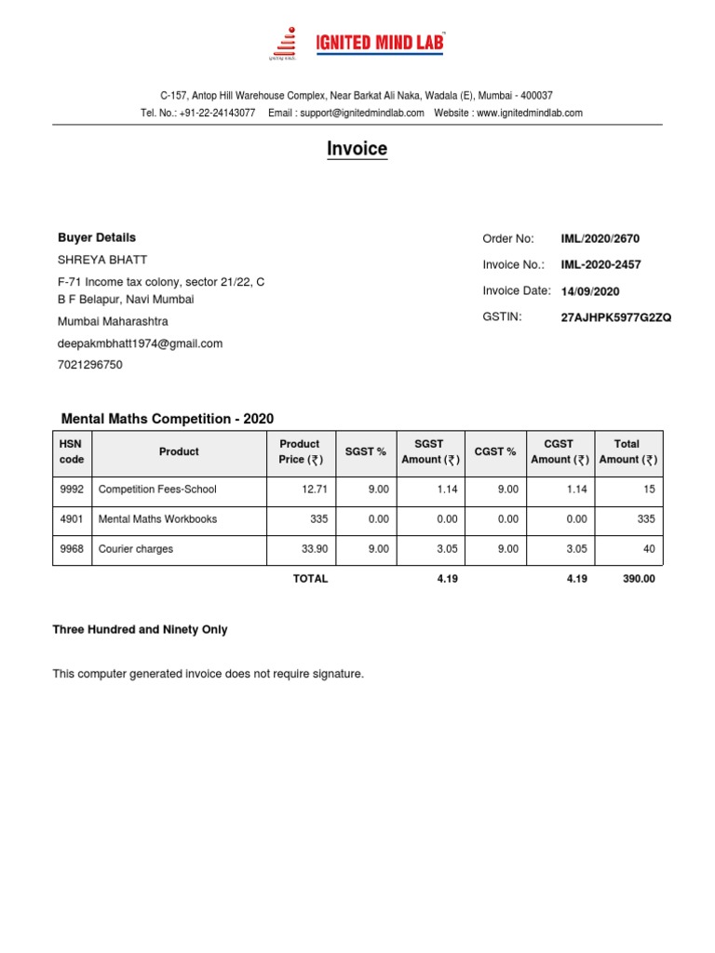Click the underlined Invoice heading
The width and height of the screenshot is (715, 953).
coord(357,149)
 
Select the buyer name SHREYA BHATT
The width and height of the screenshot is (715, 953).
coord(102,260)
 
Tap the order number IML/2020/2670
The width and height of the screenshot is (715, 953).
coord(600,239)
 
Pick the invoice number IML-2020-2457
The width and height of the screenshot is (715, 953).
coord(600,265)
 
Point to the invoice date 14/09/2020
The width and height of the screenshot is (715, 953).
coord(590,291)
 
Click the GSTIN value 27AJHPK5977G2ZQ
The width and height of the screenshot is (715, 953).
coord(615,317)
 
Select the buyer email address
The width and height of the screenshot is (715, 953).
coord(141,343)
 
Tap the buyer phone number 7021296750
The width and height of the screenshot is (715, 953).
coord(90,365)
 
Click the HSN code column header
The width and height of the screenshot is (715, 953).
coord(72,451)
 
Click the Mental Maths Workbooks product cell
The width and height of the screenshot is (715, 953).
coord(157,518)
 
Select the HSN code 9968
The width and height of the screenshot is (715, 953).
coord(72,549)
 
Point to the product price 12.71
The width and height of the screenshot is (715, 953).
coord(315,489)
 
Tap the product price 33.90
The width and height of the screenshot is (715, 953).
coord(315,549)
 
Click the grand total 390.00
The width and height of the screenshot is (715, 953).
coord(639,579)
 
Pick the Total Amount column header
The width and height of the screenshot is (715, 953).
coord(627,451)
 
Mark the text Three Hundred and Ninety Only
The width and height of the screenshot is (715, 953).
coord(140,630)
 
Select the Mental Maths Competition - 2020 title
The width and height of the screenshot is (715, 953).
coord(168,419)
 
